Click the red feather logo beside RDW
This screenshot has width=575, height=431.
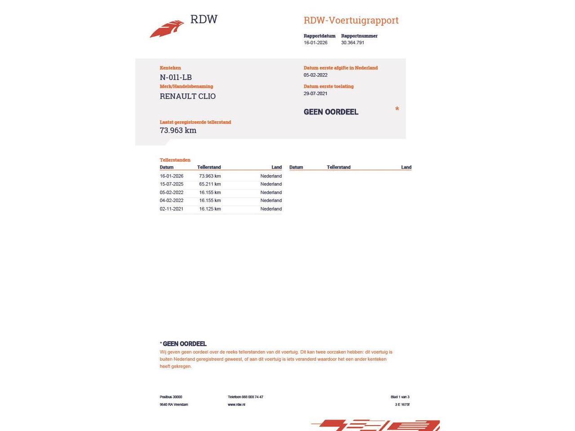click(x=167, y=29)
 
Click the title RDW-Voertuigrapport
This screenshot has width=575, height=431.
click(x=351, y=20)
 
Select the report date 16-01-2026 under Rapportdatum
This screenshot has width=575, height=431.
click(x=315, y=43)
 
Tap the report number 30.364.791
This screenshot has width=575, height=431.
click(x=352, y=43)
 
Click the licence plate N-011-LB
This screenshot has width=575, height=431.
click(x=176, y=77)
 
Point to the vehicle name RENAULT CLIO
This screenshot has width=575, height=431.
click(x=187, y=96)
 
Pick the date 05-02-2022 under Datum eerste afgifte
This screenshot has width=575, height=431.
click(x=315, y=75)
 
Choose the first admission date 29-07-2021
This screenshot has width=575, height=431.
click(x=315, y=93)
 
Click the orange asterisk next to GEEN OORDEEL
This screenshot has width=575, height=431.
click(x=397, y=109)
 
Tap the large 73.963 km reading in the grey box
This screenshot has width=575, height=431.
click(x=178, y=130)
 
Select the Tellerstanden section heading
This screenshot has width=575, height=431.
click(x=175, y=160)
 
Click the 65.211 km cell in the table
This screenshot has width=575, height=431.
click(x=210, y=184)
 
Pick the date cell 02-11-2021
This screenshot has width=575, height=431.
click(x=171, y=209)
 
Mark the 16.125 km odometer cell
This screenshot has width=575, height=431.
click(x=210, y=209)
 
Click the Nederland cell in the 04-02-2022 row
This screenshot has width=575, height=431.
click(x=271, y=201)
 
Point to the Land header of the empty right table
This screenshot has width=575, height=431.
click(x=406, y=167)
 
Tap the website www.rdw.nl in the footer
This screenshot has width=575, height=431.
click(x=236, y=405)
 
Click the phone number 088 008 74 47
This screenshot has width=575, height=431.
click(x=252, y=397)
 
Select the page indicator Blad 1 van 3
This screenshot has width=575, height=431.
click(x=400, y=397)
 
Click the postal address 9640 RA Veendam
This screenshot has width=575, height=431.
click(x=174, y=405)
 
